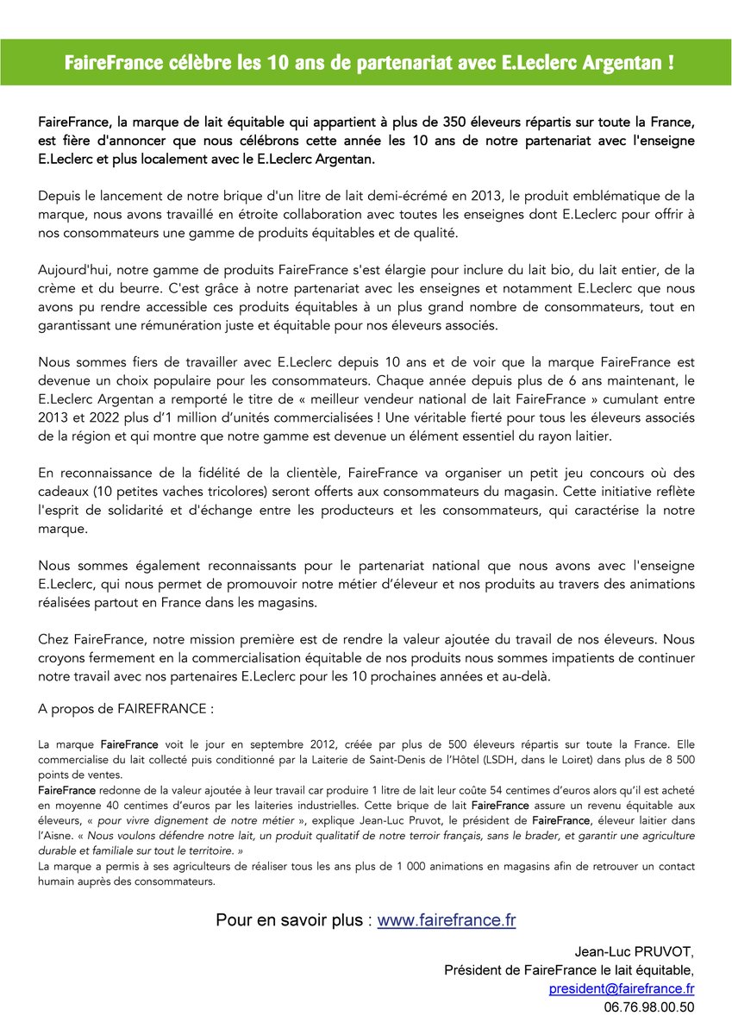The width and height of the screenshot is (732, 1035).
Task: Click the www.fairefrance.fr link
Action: point(447,920)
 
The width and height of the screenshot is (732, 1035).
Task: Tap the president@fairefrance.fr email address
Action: point(622,988)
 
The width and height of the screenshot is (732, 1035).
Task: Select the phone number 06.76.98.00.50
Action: point(648,1007)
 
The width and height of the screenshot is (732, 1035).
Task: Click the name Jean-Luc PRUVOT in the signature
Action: point(635,952)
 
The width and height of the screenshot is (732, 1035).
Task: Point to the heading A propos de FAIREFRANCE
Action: point(126,709)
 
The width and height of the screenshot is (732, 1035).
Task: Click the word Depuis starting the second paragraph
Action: point(60,196)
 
